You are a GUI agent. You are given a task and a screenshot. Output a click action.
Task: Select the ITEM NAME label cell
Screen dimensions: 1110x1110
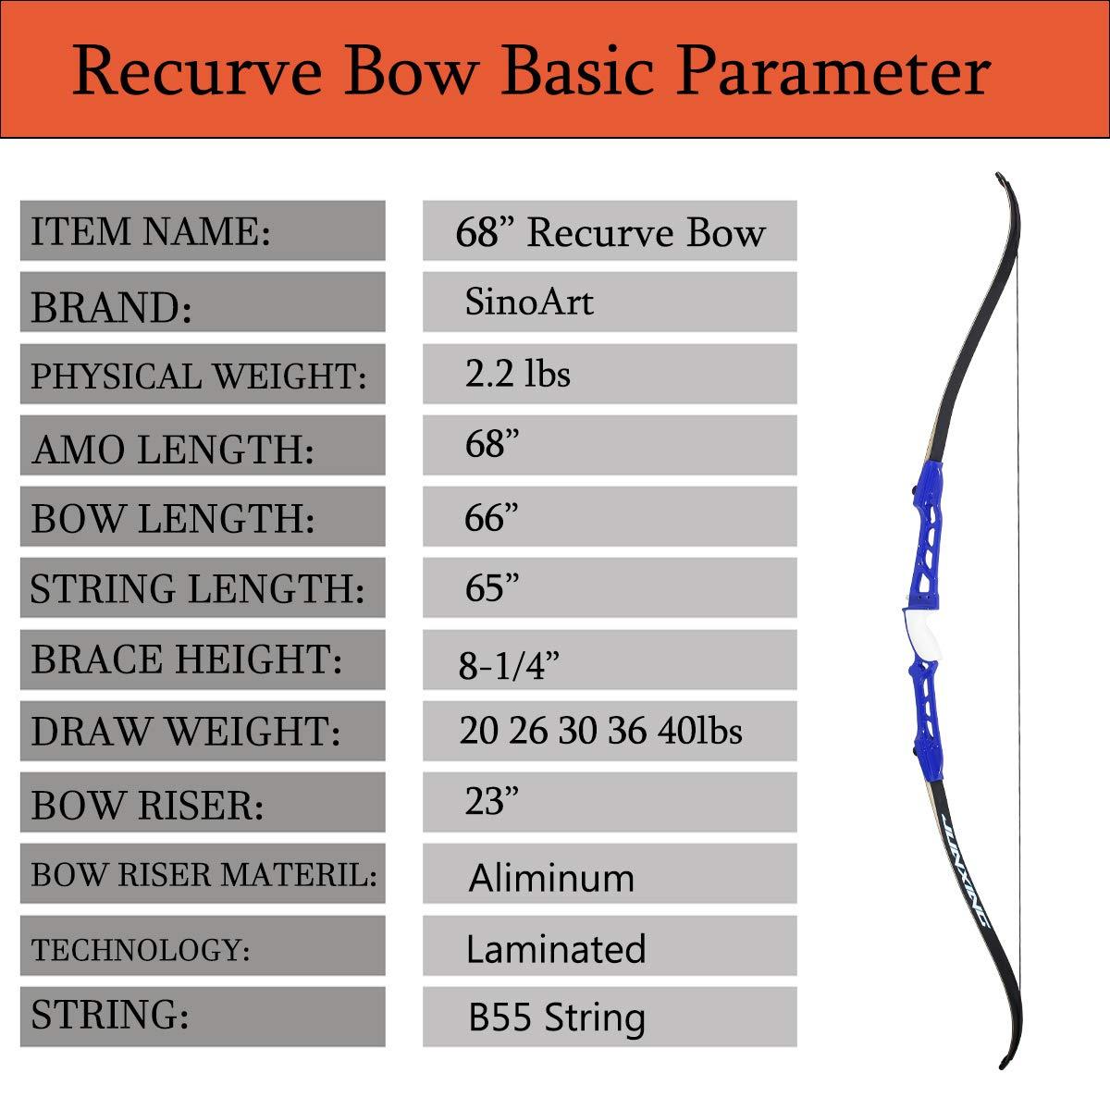point(202,230)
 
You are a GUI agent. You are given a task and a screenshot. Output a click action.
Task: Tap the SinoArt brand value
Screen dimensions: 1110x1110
point(529,302)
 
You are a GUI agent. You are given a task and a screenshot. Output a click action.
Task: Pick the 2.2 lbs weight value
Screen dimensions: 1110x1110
point(517,374)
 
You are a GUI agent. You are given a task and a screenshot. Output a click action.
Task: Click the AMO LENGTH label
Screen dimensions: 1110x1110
point(173,449)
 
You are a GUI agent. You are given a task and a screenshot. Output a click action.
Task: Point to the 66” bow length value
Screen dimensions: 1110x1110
point(491,518)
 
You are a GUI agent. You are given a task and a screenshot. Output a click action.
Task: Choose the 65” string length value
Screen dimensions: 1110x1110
point(491,588)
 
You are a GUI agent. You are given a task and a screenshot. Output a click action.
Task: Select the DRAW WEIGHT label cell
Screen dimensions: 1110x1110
point(202,732)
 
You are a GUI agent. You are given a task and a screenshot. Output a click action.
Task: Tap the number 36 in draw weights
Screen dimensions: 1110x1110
point(627,731)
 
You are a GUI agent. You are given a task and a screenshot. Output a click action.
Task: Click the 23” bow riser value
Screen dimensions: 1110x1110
point(491,801)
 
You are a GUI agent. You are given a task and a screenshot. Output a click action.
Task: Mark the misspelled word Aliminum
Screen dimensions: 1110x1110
point(551,878)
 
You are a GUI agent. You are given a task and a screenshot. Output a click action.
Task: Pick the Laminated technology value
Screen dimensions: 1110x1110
point(556,949)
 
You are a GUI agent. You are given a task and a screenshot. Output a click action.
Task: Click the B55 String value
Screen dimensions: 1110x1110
point(557,1017)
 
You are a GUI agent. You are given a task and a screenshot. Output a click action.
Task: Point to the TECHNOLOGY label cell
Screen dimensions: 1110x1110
point(202,950)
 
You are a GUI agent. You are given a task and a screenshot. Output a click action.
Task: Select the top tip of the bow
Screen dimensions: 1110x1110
point(1000,176)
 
